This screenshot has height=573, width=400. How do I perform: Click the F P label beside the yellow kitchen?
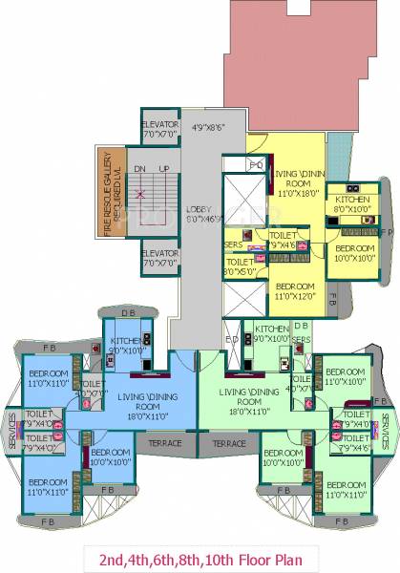[x=384, y=231]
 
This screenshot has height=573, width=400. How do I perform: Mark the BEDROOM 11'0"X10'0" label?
[x=345, y=375]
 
